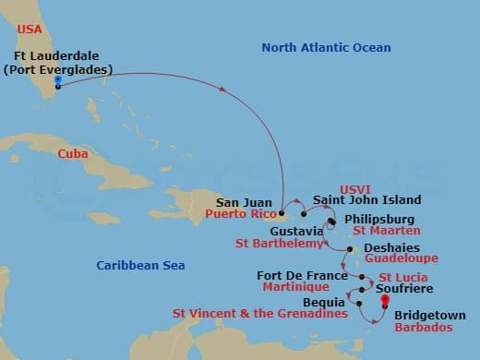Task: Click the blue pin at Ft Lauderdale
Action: click(x=58, y=81)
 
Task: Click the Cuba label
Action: click(x=72, y=153)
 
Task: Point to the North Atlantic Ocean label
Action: click(x=326, y=47)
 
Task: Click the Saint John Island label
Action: click(x=367, y=200)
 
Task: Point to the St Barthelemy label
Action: click(x=279, y=244)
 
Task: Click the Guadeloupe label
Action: click(x=402, y=259)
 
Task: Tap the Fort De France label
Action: click(x=302, y=275)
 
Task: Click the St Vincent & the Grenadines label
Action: click(x=259, y=315)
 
